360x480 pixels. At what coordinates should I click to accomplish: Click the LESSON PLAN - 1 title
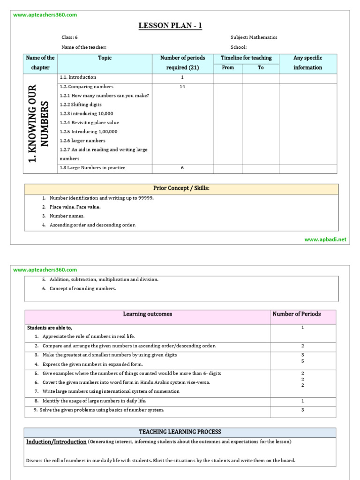tap(170, 26)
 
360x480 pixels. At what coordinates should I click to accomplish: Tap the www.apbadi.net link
tap(325, 239)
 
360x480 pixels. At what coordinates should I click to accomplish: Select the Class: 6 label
tap(69, 37)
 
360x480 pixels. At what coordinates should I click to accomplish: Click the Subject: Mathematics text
tap(254, 37)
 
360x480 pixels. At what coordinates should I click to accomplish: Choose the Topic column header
tap(105, 58)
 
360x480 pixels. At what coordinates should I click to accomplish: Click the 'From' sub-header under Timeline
tap(228, 67)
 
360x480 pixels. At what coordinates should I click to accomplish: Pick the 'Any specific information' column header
tap(307, 63)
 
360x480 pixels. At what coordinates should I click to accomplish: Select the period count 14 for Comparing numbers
tap(182, 87)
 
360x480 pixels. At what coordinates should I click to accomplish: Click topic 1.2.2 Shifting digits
tap(81, 105)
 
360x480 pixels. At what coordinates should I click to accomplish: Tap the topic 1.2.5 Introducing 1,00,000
tap(89, 132)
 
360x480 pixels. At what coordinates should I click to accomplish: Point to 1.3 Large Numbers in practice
tap(92, 168)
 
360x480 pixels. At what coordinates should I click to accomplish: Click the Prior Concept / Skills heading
tap(181, 188)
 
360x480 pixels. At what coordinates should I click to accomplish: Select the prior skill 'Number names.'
tap(67, 216)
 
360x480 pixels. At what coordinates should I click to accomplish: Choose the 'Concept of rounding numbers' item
tap(82, 289)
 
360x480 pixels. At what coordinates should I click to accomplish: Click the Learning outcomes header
tap(147, 314)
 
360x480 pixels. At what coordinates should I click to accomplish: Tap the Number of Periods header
tap(296, 314)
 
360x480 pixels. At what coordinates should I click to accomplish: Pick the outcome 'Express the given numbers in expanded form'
tap(92, 364)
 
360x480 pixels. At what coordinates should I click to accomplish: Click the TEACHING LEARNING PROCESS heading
tap(180, 432)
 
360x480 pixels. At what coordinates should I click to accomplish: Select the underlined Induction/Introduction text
tap(56, 442)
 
